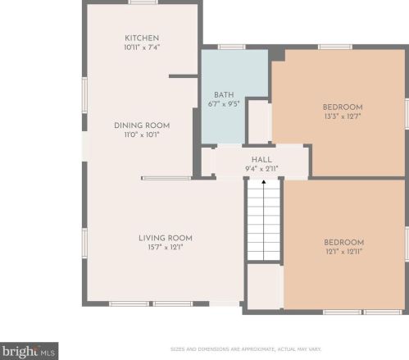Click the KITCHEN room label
142,38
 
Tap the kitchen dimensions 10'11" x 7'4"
142,48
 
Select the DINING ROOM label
142,125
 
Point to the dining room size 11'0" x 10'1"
142,134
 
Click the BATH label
224,95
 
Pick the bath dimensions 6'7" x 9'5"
224,104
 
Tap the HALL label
261,160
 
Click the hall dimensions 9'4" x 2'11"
261,169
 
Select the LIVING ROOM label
166,238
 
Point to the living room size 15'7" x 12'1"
166,248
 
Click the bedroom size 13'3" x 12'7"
343,116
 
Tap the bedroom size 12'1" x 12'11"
343,252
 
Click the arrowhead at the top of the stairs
264,182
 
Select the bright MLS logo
29,351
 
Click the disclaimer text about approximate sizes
246,349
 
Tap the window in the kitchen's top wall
143,2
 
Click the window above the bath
232,47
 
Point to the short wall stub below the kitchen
183,76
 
